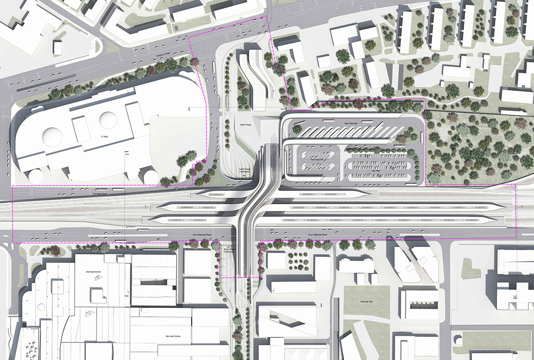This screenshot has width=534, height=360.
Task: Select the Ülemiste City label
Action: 359,301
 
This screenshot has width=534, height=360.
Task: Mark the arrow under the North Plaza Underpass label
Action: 245,176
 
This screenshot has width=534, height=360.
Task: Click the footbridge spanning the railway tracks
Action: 248,209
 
